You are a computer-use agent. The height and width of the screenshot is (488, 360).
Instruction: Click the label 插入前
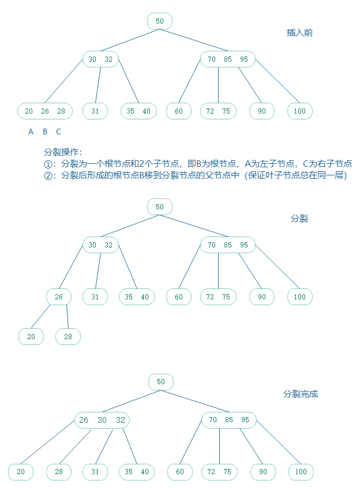(300, 33)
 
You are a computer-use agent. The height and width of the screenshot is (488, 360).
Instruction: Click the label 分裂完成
(301, 394)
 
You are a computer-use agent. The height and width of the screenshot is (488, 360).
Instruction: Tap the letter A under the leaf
(31, 132)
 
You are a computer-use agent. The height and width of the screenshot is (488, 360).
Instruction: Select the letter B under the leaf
(45, 132)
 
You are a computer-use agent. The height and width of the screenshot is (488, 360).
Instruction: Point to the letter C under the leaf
(58, 132)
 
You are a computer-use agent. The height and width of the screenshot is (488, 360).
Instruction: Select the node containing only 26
(59, 297)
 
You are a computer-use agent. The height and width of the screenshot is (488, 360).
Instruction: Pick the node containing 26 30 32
(102, 420)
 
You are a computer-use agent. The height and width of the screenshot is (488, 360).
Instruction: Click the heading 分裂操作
(63, 152)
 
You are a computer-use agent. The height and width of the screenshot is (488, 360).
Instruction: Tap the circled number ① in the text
(48, 164)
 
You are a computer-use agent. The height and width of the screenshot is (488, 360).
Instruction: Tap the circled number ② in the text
(48, 175)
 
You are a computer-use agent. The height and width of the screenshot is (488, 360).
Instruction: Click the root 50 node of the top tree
(160, 21)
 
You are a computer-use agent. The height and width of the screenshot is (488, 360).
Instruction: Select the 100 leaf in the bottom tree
(301, 472)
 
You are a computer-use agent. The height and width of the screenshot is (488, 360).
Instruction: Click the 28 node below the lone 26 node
(68, 337)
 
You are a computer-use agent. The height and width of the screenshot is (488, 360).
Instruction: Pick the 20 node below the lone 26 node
(31, 337)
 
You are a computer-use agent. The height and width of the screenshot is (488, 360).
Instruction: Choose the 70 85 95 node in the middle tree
(228, 245)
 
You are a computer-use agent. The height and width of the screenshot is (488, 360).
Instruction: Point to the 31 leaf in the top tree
(95, 111)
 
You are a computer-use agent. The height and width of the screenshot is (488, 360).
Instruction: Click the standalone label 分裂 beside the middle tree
(299, 219)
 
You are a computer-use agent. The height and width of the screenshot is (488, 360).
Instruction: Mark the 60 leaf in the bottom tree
(180, 472)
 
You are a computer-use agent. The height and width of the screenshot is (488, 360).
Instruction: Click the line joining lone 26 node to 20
(42, 317)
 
